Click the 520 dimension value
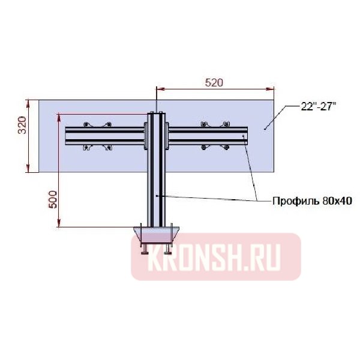click(x=214, y=83)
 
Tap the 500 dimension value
click(x=53, y=199)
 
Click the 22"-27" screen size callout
click(x=318, y=106)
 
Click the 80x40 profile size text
click(x=337, y=201)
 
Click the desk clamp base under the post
click(x=156, y=233)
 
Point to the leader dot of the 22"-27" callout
click(x=265, y=128)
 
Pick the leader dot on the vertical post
click(x=157, y=195)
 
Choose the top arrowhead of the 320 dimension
click(x=28, y=101)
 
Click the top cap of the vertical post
click(x=156, y=112)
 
